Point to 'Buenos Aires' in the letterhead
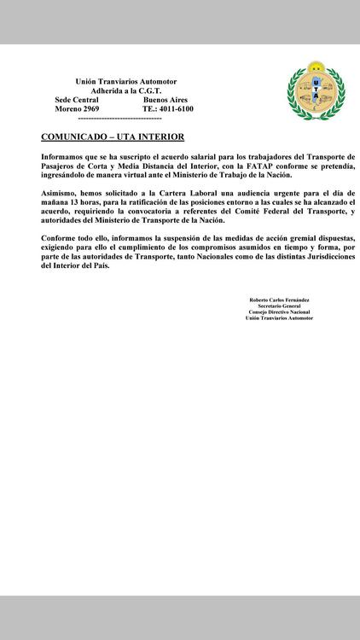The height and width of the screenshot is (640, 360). [165, 100]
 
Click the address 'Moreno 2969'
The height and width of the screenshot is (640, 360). [78, 109]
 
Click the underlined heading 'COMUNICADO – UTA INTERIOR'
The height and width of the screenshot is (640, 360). [112, 137]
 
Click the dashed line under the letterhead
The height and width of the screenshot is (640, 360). [119, 119]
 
